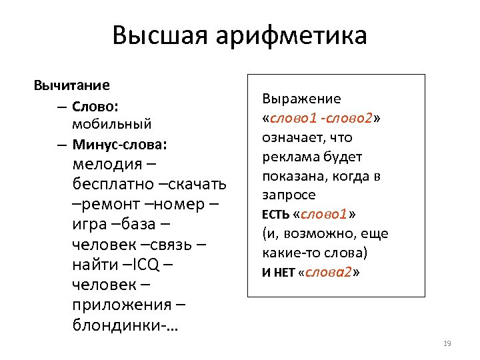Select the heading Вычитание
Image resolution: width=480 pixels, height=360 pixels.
72,85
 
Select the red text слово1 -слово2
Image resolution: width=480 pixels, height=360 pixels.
321,119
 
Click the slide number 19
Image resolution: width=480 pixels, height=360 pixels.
447,343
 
